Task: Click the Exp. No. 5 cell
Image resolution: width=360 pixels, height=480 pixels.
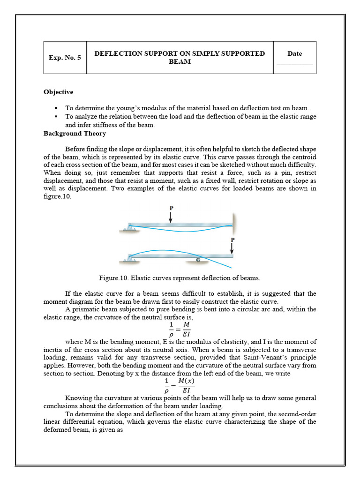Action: coord(65,58)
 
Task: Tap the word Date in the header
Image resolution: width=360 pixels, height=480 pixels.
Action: coord(294,53)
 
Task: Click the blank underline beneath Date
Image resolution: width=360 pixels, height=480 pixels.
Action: coord(294,64)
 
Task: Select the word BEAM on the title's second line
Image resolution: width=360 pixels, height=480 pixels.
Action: coord(180,62)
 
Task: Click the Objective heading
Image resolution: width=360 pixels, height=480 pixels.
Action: coord(58,92)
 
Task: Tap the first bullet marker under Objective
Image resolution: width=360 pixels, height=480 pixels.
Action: coord(56,108)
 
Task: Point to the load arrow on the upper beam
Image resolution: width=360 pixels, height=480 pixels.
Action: coord(171,217)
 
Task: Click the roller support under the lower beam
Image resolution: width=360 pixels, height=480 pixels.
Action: coord(198,259)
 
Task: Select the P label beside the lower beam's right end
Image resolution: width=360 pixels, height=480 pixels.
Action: coord(232,240)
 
